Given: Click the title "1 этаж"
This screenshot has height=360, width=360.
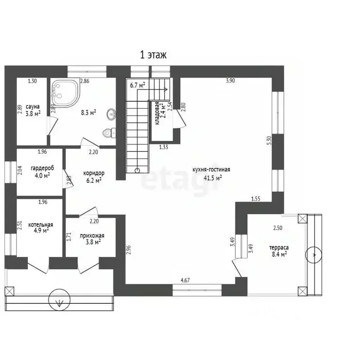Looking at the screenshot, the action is (x=153, y=55).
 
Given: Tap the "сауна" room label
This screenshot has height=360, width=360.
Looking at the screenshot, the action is (x=33, y=107).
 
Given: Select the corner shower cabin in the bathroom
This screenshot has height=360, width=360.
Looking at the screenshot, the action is (x=65, y=93).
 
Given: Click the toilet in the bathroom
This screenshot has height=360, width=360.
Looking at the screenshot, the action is (x=109, y=133).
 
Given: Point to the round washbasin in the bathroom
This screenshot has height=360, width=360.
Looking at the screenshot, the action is (x=112, y=114).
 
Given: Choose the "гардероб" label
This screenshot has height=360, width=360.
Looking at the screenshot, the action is (x=43, y=168).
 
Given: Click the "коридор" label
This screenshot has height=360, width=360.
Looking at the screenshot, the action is (x=94, y=173).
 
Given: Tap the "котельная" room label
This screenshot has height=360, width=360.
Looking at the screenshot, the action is (x=41, y=225).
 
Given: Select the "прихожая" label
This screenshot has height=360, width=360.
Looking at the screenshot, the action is (x=92, y=236).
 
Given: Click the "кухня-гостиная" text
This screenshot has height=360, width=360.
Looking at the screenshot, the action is (x=211, y=170).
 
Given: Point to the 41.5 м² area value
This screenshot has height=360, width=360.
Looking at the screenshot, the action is (x=213, y=178).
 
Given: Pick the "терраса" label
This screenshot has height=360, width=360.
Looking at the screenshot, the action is (x=279, y=247).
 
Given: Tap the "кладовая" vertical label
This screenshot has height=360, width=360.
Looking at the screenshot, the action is (x=157, y=113).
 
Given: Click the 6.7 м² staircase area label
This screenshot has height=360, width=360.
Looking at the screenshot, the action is (x=137, y=85).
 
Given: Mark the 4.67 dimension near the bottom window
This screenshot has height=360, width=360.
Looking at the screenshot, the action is (x=185, y=280).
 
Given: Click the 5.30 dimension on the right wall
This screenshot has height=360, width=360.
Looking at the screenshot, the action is (x=270, y=140).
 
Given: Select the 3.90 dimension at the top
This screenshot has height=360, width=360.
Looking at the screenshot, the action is (x=230, y=81).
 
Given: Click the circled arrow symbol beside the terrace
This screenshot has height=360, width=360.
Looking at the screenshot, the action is (x=314, y=255).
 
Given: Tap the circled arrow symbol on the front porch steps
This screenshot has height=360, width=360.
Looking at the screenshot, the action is (x=59, y=300).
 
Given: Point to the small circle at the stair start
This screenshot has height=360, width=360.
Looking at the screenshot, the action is (x=137, y=171).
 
